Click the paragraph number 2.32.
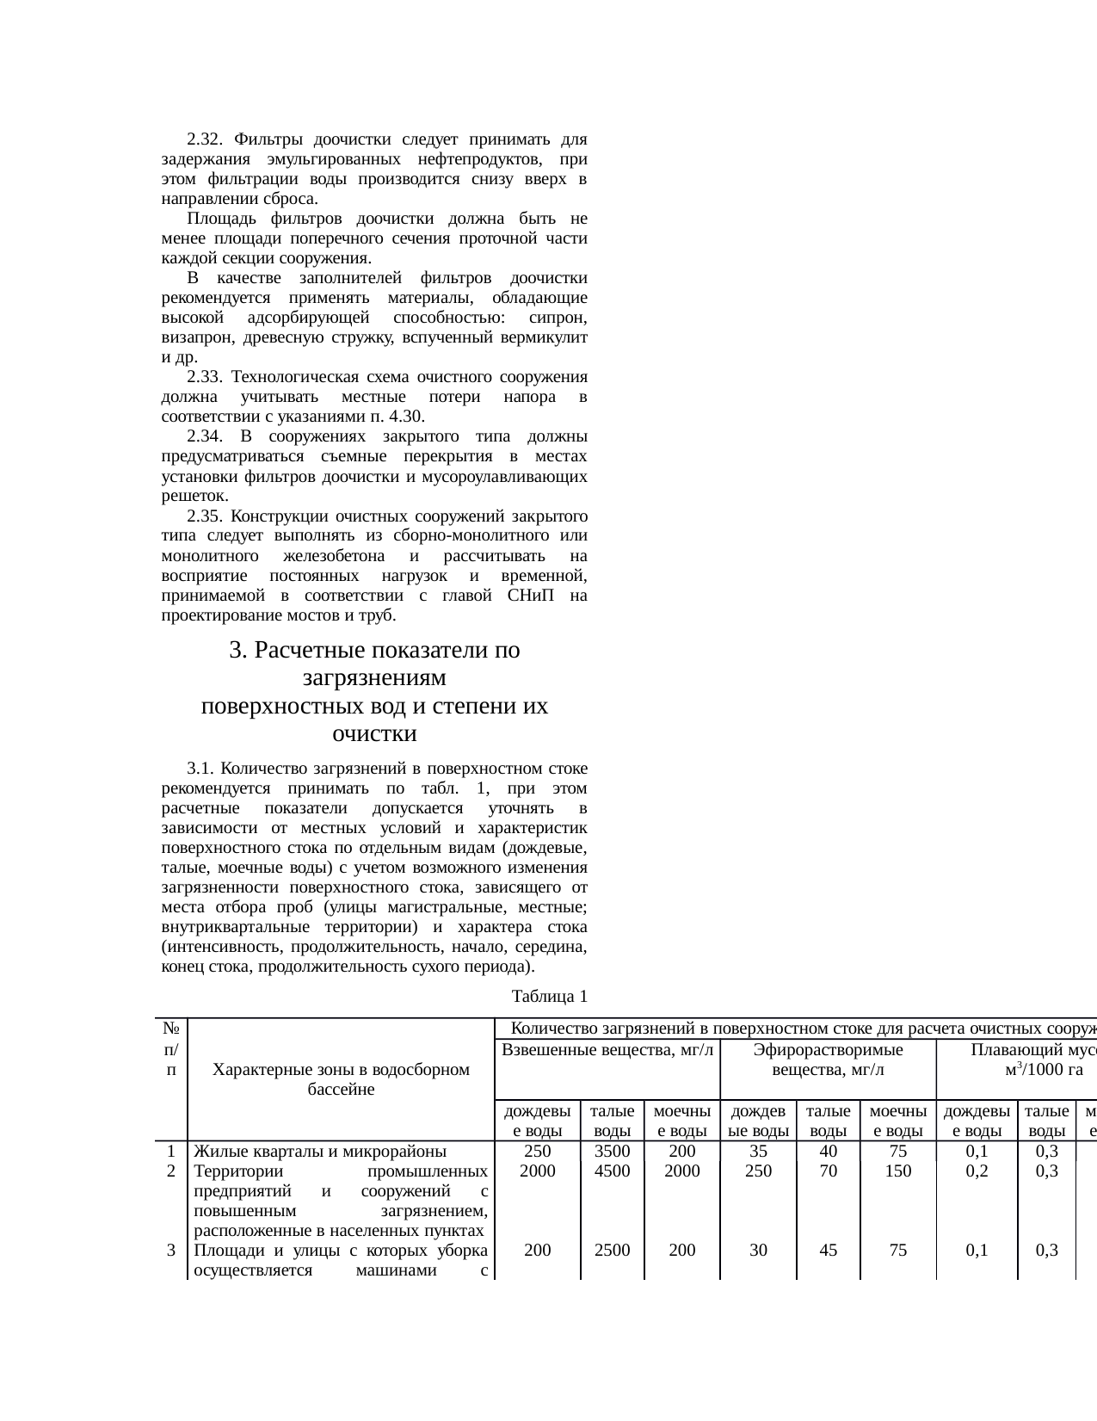pos(205,139)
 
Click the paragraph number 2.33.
pos(205,377)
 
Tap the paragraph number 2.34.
pos(205,436)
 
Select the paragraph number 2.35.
pos(205,516)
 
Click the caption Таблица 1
pos(549,997)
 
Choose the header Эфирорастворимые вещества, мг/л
pos(828,1060)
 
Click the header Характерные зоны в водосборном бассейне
pos(341,1079)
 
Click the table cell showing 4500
pos(613,1171)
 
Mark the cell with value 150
pos(898,1171)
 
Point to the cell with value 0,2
pos(977,1171)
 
